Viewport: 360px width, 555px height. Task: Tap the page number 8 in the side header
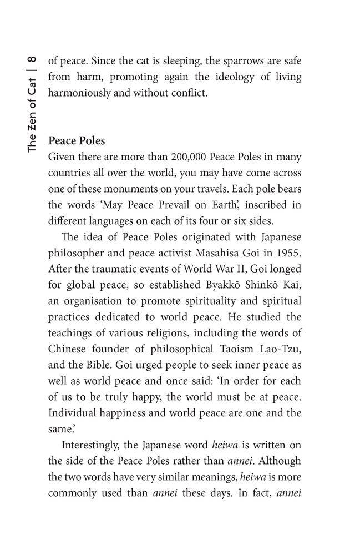pos(32,58)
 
